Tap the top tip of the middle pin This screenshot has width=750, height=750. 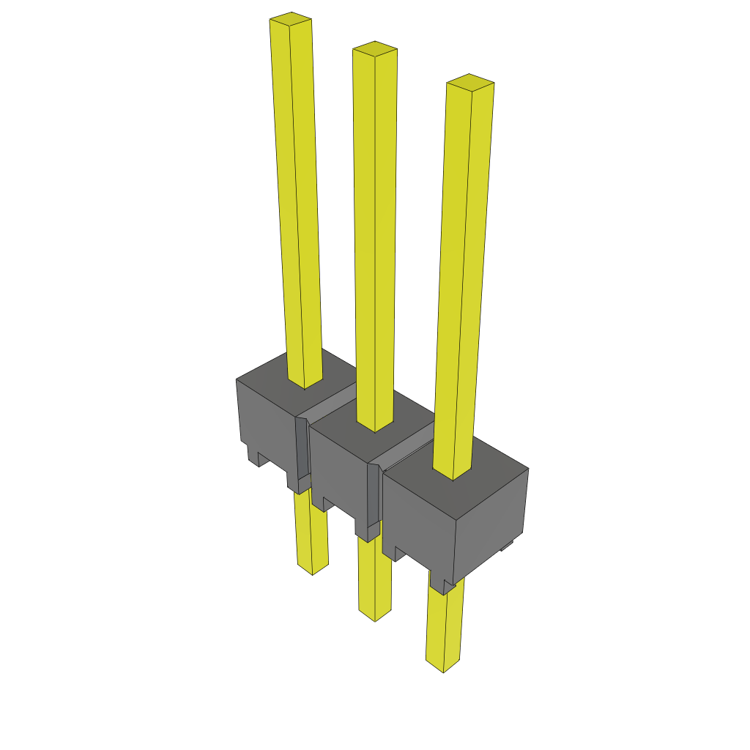[375, 48]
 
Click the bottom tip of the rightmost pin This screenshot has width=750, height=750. [445, 665]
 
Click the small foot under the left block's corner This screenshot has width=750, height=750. [258, 458]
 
